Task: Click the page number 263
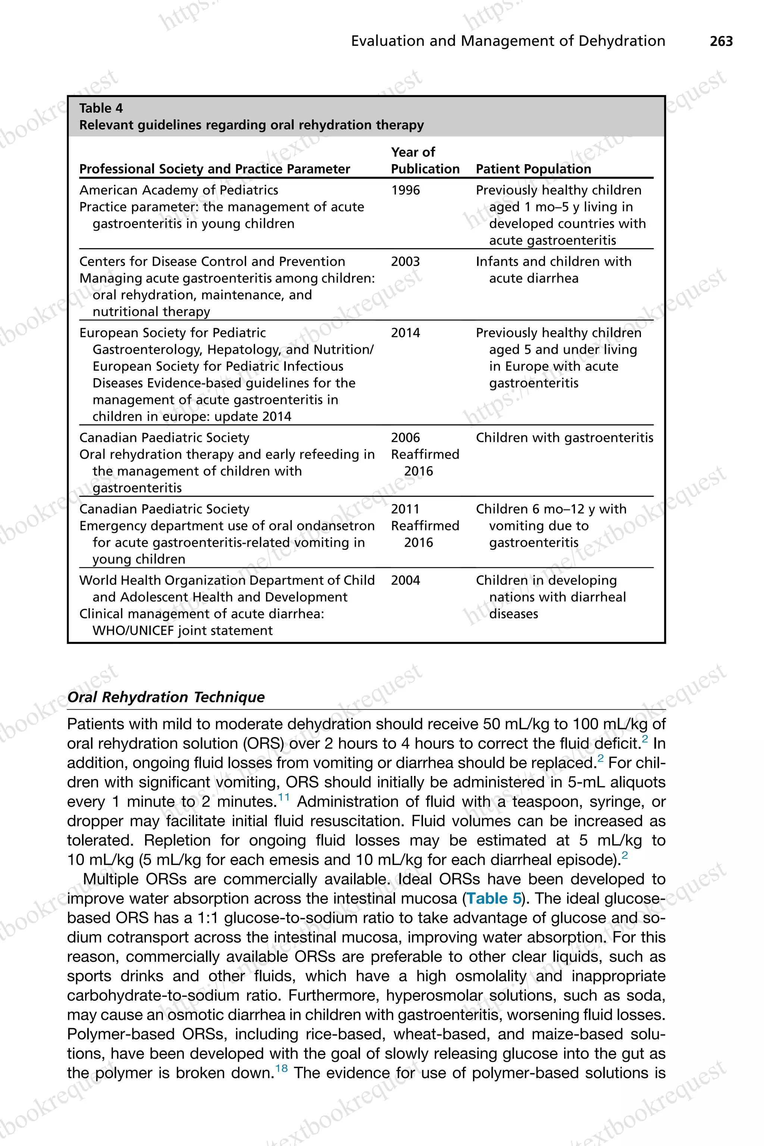point(721,41)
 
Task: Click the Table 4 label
point(101,108)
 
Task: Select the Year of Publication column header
point(425,161)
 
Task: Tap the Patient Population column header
point(533,169)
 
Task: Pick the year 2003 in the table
point(405,262)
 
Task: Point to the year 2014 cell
point(405,333)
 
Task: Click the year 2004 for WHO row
point(405,580)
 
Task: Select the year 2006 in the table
point(405,438)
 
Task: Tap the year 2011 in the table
point(405,509)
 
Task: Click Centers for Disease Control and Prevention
point(212,262)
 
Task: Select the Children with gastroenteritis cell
point(564,438)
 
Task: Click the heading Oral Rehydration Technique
point(166,697)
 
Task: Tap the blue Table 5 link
point(494,898)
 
